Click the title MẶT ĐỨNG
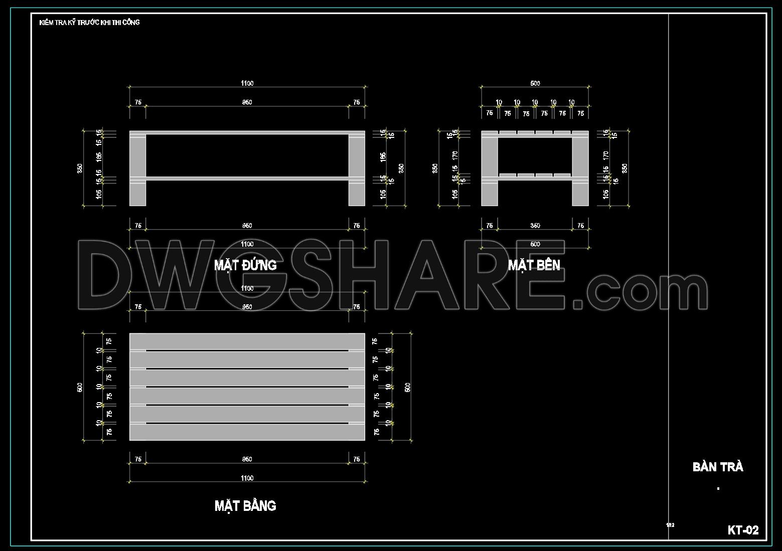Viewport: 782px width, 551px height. pos(245,265)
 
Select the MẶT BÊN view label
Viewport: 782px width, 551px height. pos(534,265)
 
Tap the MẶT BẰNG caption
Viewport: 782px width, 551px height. pos(245,505)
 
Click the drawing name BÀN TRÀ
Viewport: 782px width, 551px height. pos(718,467)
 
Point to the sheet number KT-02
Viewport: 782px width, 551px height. pos(743,530)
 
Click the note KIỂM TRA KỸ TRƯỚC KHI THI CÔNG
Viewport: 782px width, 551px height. pos(89,23)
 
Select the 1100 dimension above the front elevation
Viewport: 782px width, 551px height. pos(247,83)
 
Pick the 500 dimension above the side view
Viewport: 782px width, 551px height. pos(535,83)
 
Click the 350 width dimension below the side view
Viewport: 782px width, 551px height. pos(535,226)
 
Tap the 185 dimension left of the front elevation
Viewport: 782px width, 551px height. pos(99,156)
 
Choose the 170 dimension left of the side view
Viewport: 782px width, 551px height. pos(455,155)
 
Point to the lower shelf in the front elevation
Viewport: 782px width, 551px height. pos(247,178)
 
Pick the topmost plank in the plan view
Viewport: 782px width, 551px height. pos(247,341)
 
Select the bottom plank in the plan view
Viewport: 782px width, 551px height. pos(247,432)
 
